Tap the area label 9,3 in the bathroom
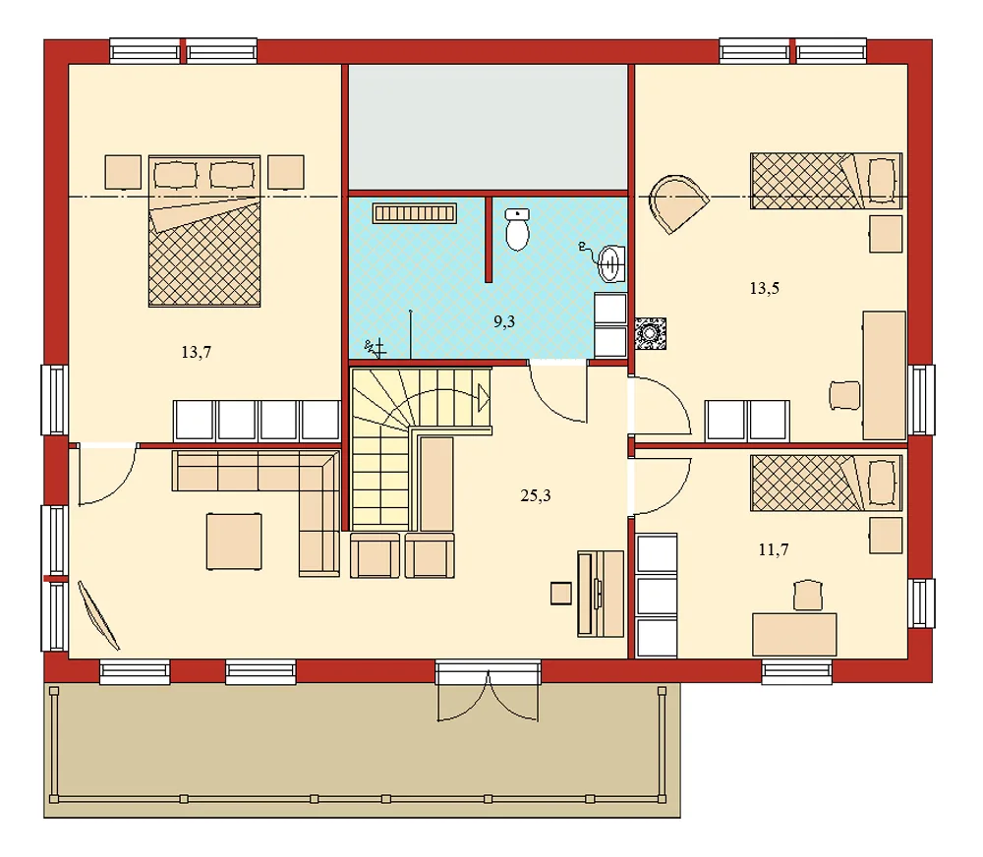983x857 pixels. [504, 320]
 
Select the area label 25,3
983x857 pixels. [535, 495]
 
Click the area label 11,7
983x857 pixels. [774, 549]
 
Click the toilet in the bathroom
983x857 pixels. [517, 230]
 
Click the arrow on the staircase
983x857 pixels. [483, 398]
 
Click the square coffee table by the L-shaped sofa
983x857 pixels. [234, 541]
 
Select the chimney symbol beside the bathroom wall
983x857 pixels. [650, 332]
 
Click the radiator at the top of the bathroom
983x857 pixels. [415, 212]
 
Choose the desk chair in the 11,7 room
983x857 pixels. [805, 596]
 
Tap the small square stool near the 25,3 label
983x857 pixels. [561, 593]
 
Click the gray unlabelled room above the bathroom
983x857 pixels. [489, 126]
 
